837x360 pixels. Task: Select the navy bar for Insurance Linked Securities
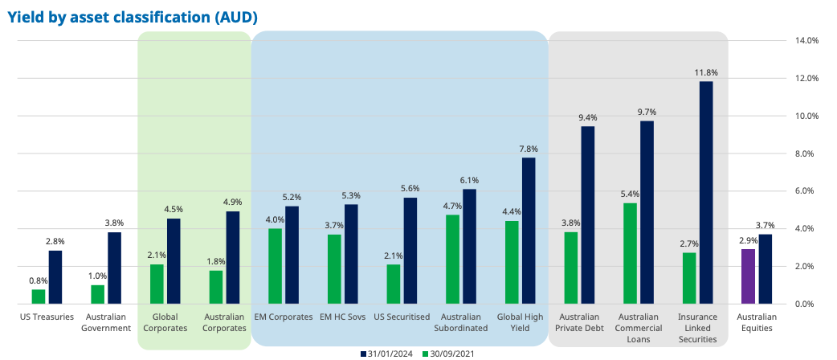click(706, 192)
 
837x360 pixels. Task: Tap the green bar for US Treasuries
click(39, 297)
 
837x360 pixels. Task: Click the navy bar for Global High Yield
click(529, 231)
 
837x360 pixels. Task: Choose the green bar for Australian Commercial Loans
click(630, 253)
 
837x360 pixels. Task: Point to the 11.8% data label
click(706, 72)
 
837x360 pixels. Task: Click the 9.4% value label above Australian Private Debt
click(588, 118)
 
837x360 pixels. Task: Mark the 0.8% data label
click(38, 280)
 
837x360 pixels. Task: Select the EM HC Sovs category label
click(342, 317)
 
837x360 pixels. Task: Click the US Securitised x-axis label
click(402, 317)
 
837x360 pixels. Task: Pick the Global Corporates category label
click(165, 322)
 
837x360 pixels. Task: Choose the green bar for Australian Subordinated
click(453, 259)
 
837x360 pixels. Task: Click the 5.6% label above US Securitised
click(410, 189)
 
